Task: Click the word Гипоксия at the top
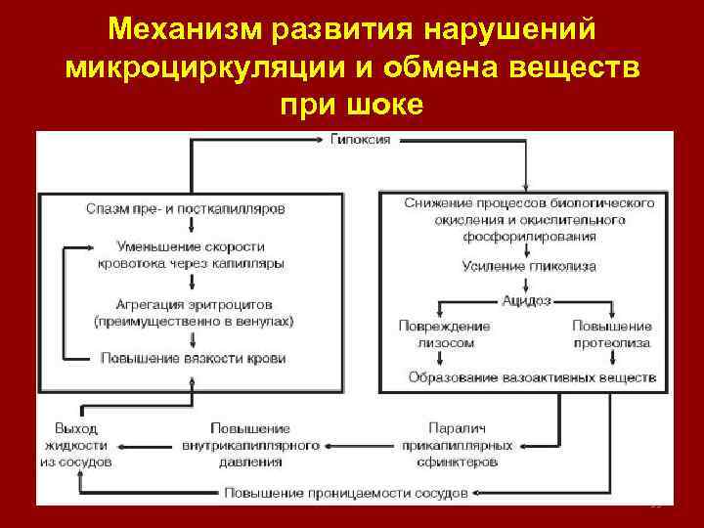[361, 139]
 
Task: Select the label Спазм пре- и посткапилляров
[186, 208]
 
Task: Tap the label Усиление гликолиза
[528, 266]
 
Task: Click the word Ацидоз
[528, 300]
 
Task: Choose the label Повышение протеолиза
[612, 333]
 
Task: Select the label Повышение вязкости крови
[193, 358]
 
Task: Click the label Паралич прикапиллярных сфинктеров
[457, 444]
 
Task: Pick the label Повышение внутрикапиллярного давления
[251, 444]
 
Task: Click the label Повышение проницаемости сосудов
[346, 491]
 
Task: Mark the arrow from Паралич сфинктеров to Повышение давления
[361, 445]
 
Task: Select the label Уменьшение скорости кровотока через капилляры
[193, 254]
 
